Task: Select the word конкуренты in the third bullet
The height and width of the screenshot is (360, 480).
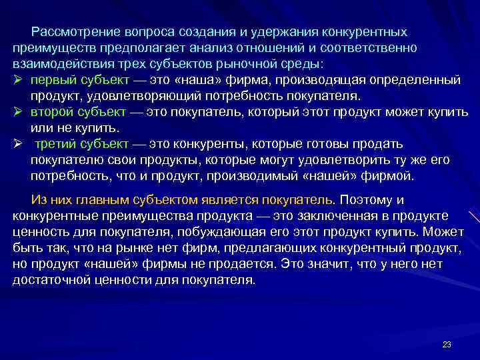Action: click(x=208, y=145)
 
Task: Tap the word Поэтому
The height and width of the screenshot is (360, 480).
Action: click(x=371, y=201)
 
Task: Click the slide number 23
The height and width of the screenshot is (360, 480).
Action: click(x=447, y=344)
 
